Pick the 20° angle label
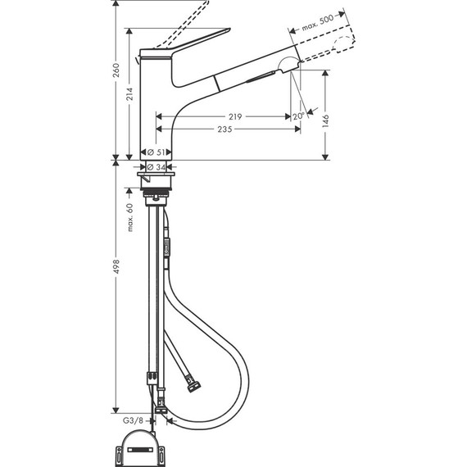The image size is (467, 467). (297, 116)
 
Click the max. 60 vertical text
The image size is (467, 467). (129, 218)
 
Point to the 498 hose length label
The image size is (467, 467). (116, 283)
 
